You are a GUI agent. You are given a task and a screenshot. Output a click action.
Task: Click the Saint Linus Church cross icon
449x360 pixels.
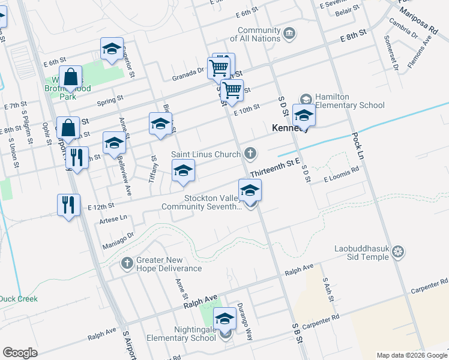[x=250, y=155]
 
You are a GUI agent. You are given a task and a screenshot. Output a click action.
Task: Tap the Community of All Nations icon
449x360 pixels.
[x=290, y=32]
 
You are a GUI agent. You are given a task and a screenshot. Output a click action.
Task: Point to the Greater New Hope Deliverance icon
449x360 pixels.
[x=127, y=263]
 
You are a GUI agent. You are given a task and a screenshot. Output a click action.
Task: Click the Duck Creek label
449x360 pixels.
[x=19, y=299]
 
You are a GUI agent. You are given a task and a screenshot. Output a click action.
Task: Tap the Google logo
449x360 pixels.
[x=20, y=353]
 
